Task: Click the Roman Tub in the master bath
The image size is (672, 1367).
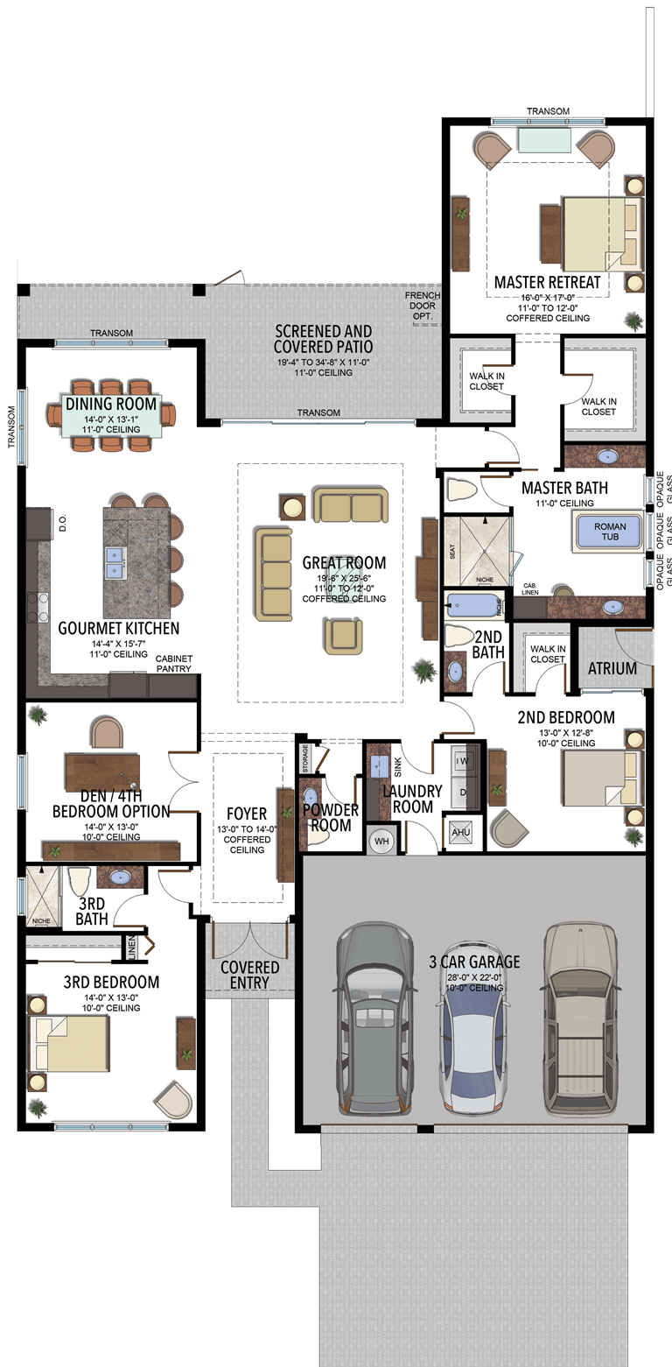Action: (x=609, y=532)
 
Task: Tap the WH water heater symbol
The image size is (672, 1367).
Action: (x=381, y=841)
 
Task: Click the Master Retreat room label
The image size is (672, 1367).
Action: (x=547, y=282)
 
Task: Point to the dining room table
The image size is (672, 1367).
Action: (x=111, y=414)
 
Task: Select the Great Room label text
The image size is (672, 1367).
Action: (x=344, y=563)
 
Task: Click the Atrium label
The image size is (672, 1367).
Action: (x=612, y=668)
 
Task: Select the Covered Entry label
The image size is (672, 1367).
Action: (x=249, y=975)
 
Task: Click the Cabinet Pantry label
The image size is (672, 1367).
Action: (x=173, y=664)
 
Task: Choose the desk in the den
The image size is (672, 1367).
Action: (x=102, y=772)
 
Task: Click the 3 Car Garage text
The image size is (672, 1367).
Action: (x=474, y=962)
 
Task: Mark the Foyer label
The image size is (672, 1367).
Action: (x=247, y=814)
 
